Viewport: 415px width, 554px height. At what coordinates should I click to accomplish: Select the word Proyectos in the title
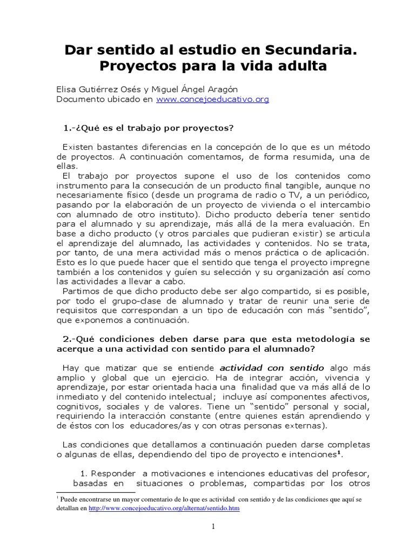pos(137,68)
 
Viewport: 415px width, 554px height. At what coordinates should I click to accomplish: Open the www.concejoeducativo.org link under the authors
pos(212,100)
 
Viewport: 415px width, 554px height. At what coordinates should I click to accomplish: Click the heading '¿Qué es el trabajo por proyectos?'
pos(153,128)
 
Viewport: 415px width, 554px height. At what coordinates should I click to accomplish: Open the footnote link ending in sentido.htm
pos(164,509)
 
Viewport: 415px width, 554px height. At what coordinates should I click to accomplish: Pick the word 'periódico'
pos(344,195)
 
